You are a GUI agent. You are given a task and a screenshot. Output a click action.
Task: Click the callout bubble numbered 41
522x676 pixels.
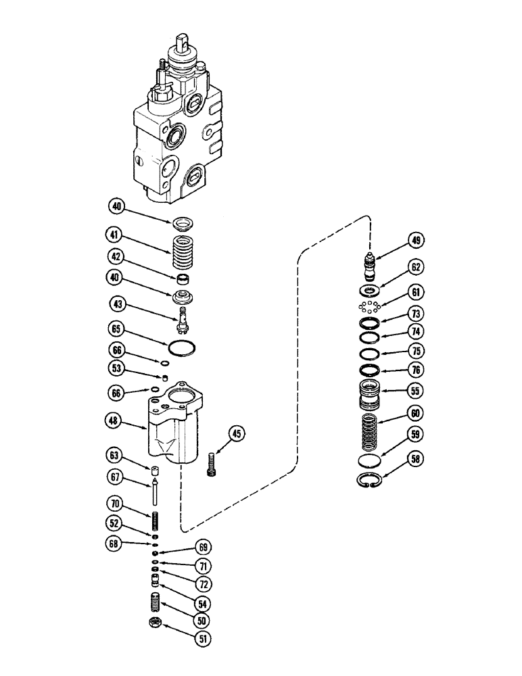115,237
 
